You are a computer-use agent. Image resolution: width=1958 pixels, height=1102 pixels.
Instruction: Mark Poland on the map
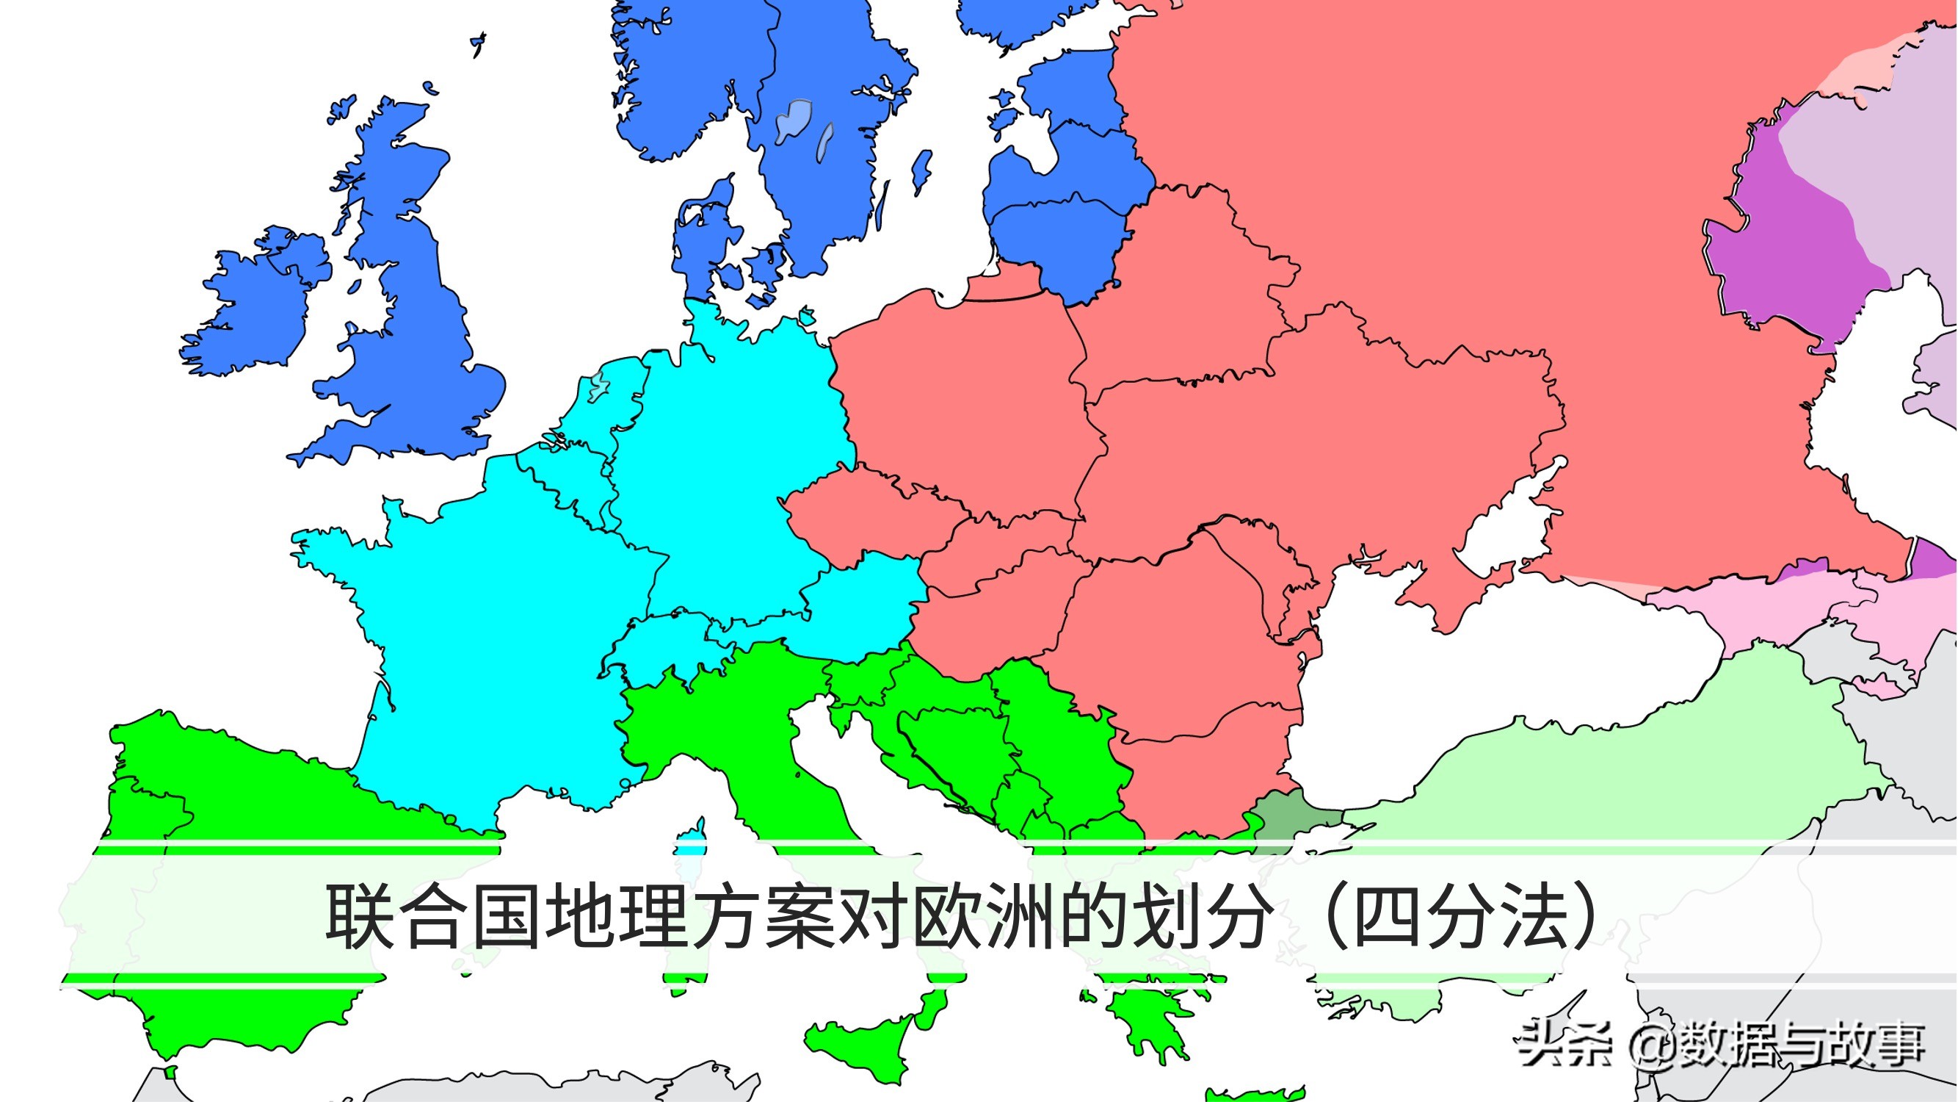tap(965, 395)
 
